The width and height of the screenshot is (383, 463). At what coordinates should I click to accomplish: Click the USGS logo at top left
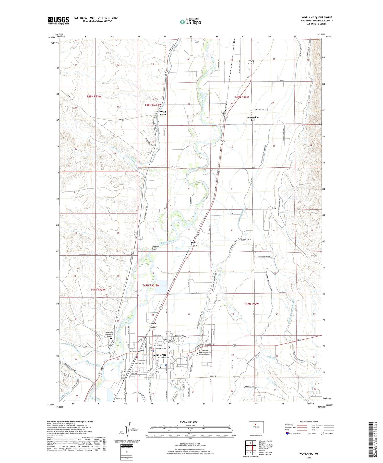click(x=58, y=20)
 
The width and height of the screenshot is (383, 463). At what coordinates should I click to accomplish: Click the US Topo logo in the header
click(x=190, y=22)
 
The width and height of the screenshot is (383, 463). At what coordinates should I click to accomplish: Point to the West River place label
click(x=163, y=113)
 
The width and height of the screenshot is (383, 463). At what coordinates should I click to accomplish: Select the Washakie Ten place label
click(x=253, y=118)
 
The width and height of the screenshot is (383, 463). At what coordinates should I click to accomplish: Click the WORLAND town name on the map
click(x=159, y=355)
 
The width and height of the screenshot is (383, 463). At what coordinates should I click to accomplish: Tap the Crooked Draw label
click(x=155, y=248)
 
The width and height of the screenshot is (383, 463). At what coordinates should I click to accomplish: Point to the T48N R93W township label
click(x=94, y=97)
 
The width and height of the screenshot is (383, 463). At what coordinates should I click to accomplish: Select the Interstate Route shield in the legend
click(x=287, y=433)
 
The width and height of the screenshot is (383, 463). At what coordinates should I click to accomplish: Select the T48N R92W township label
click(x=242, y=97)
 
